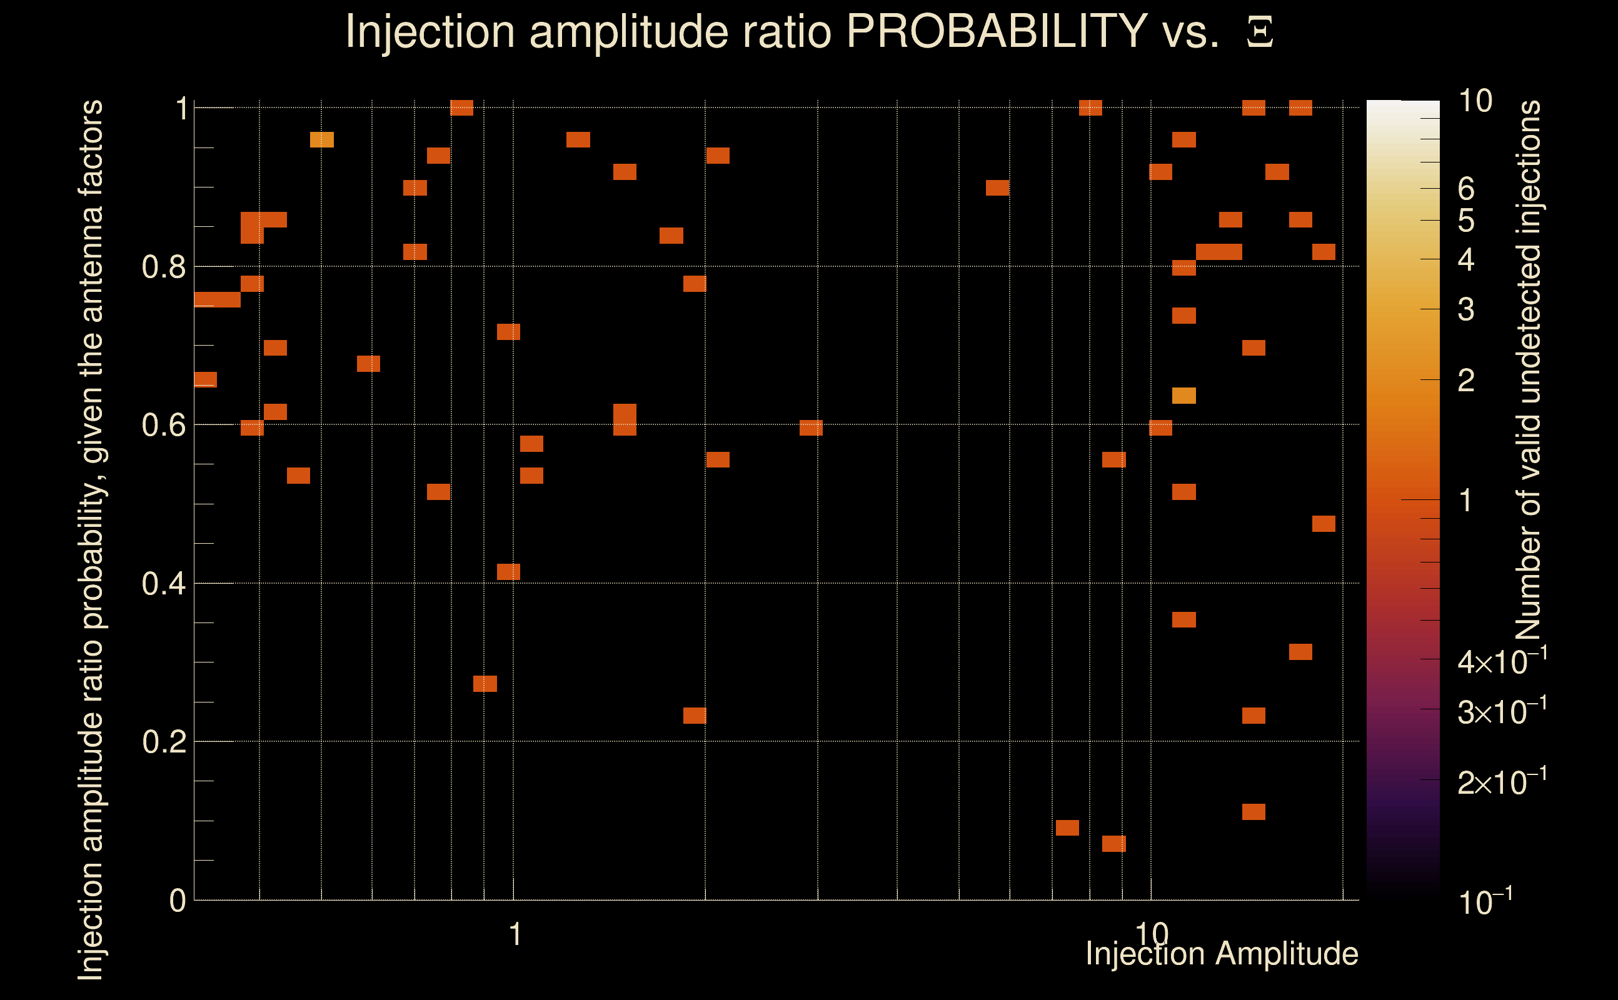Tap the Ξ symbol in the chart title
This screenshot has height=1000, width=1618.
[1260, 32]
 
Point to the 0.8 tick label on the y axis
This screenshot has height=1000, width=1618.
[163, 267]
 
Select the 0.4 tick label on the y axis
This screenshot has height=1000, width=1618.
[163, 584]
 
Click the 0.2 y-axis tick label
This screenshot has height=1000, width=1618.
[163, 742]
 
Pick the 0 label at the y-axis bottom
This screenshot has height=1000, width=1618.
[178, 901]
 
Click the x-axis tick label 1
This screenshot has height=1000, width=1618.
[515, 934]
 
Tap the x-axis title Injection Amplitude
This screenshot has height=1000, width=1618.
[1222, 954]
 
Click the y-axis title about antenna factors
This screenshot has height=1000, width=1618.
[91, 539]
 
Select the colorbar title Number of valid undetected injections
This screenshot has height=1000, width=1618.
[1528, 371]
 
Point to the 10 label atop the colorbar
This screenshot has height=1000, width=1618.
[1474, 101]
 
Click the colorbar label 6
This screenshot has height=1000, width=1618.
[1466, 189]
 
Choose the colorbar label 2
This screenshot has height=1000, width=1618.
[1466, 380]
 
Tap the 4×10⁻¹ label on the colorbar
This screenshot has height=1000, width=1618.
[1502, 661]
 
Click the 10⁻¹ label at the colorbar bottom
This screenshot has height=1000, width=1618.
[1484, 901]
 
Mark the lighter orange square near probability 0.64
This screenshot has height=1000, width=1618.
[1184, 396]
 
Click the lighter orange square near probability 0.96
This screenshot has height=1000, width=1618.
[322, 139]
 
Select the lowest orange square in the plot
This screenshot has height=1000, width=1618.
[1114, 843]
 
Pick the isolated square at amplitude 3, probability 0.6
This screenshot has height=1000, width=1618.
[811, 428]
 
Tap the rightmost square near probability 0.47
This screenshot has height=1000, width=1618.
[1324, 524]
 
